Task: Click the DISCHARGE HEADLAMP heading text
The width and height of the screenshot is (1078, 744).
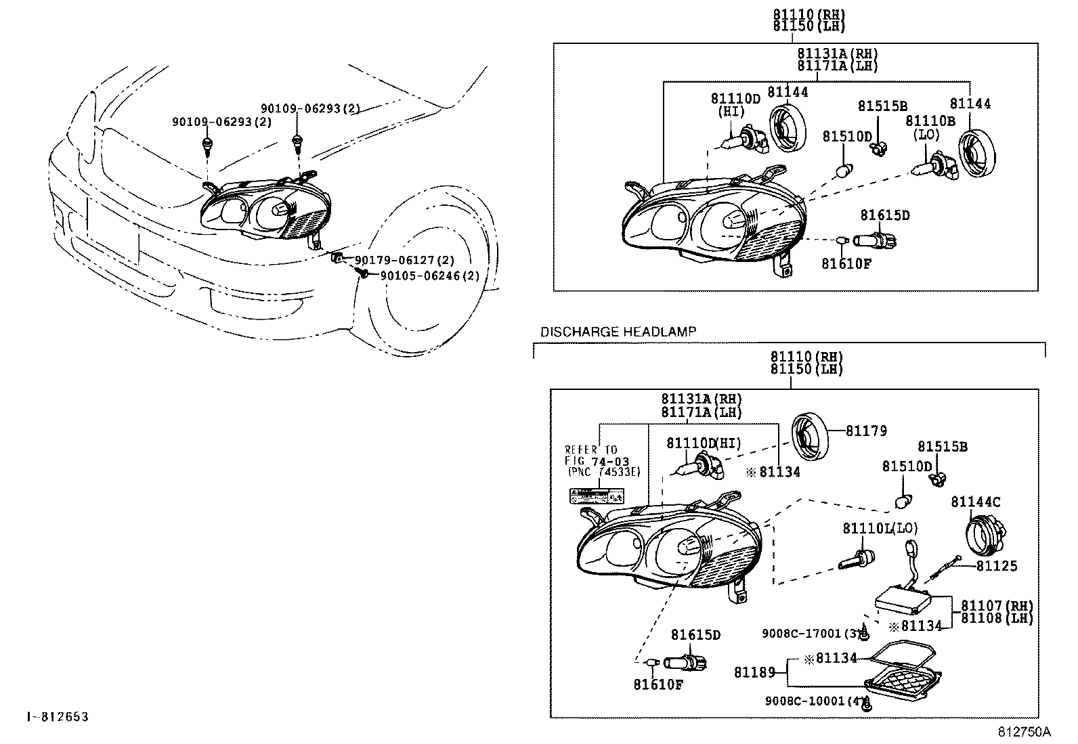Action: [x=618, y=332]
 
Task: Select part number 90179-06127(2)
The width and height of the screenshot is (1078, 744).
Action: [x=404, y=260]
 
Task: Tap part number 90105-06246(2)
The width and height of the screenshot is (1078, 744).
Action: [x=429, y=276]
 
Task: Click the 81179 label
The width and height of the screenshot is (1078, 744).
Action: [x=866, y=431]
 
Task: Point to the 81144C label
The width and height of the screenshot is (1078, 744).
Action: [x=975, y=502]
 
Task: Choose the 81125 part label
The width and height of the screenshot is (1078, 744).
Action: [x=996, y=566]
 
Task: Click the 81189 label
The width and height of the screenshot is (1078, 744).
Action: [x=754, y=672]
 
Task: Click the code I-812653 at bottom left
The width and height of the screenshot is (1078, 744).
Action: [x=58, y=716]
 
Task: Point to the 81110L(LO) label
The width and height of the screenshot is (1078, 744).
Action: [x=880, y=528]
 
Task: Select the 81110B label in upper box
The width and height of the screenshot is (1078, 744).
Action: [x=930, y=121]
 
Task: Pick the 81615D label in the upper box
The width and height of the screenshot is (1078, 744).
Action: [x=884, y=215]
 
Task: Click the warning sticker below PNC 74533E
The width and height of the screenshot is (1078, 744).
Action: [x=595, y=496]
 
